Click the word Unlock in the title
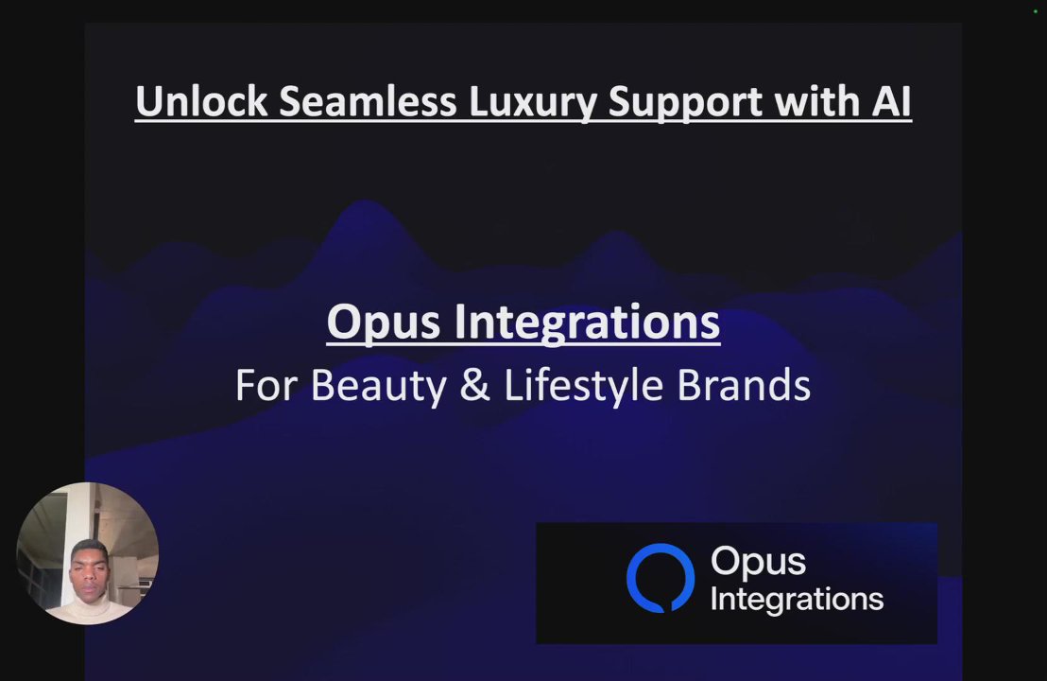(x=201, y=101)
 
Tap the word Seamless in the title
(x=368, y=101)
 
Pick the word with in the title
(x=816, y=101)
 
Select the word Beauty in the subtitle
(x=379, y=387)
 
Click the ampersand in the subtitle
(x=474, y=386)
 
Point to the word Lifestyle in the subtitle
(x=584, y=387)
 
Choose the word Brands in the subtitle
(x=744, y=386)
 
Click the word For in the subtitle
(x=266, y=386)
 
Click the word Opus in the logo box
(x=758, y=562)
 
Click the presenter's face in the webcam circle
(x=90, y=570)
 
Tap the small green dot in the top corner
(x=1036, y=11)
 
